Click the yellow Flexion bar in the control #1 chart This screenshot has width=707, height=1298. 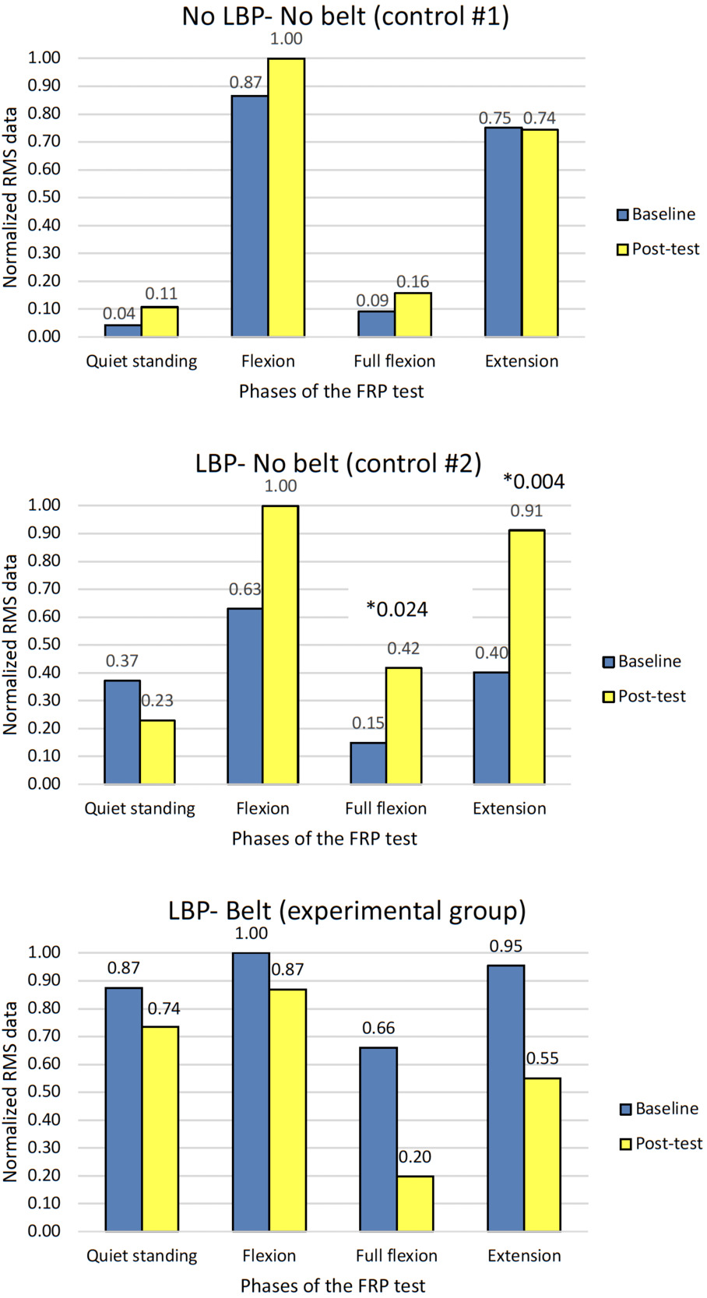point(286,198)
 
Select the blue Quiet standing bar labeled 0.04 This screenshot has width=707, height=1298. point(122,331)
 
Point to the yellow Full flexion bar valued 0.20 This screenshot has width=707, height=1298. point(415,1203)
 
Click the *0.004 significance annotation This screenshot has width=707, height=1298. point(534,482)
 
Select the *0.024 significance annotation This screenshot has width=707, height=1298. point(397,610)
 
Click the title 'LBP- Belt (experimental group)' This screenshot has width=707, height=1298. point(347,910)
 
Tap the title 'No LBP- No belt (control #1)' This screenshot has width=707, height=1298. point(346,16)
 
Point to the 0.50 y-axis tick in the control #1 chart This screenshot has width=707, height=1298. point(44,197)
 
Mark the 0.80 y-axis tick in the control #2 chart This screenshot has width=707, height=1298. point(44,561)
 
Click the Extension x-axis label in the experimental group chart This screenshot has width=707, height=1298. point(524,1256)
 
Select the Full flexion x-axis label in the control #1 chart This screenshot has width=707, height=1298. point(395,361)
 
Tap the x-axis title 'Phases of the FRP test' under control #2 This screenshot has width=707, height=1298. point(325,839)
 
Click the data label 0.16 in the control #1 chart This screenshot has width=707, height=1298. point(413,282)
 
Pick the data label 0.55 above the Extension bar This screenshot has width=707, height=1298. point(543,1059)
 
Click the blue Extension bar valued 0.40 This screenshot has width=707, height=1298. point(491,727)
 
